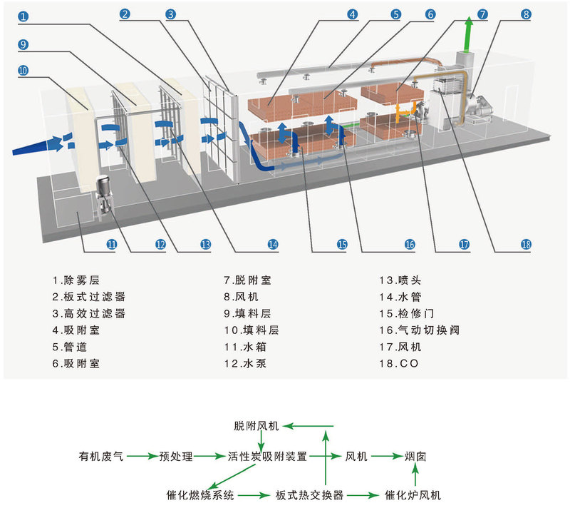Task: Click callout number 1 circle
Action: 23,15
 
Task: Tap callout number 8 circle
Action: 526,14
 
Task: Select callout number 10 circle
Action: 23,70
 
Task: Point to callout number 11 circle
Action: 112,244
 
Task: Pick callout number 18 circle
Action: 526,244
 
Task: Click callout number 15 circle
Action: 342,244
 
